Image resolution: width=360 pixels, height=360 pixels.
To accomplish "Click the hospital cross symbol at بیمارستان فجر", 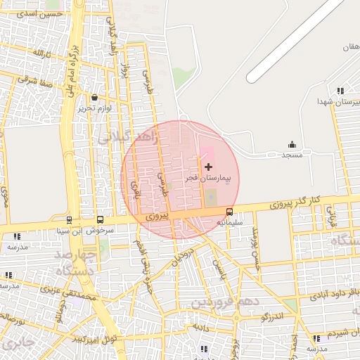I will pyautogui.click(x=208, y=167).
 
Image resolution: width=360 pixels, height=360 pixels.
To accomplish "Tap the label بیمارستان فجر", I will pyautogui.click(x=209, y=179).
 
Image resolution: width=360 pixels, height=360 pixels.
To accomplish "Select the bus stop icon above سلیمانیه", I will pyautogui.click(x=229, y=212).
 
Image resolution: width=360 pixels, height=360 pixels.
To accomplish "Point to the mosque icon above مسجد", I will pyautogui.click(x=292, y=143).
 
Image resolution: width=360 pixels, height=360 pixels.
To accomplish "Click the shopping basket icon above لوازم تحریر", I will pyautogui.click(x=95, y=98).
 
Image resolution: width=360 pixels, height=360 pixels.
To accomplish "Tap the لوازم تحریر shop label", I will pyautogui.click(x=95, y=109).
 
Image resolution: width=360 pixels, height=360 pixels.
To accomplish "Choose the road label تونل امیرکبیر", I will pyautogui.click(x=90, y=339).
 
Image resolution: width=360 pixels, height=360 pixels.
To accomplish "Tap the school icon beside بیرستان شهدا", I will pyautogui.click(x=340, y=91).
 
